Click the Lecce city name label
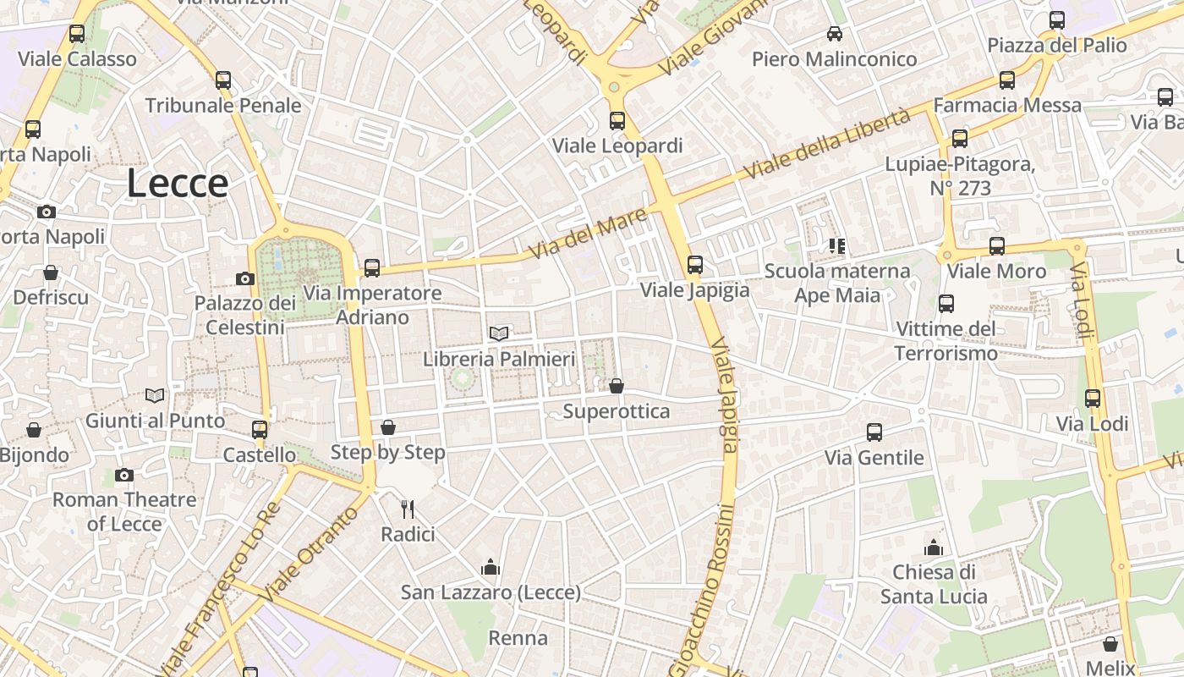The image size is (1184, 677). coord(178,184)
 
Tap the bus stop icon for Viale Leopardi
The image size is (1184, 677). coord(617,120)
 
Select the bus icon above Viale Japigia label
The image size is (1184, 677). coord(694,265)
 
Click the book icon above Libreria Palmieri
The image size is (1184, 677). coord(499,334)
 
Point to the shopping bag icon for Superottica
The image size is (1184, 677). coord(617,386)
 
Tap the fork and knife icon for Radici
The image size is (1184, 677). coord(408,509)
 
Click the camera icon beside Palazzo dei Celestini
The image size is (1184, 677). coord(244,278)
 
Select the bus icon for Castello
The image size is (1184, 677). coord(259,429)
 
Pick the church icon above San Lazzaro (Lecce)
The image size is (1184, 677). coord(491,567)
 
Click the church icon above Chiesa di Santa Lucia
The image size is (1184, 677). coord(934,548)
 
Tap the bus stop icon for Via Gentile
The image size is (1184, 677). coord(874,432)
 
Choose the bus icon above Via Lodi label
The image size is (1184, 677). coord(1093,399)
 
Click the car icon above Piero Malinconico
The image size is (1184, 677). coord(835,34)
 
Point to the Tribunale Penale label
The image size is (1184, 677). coord(223,106)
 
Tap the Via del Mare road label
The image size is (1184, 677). coord(588,234)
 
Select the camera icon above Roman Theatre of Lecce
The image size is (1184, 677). coord(124,475)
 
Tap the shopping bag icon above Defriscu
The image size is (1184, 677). coord(51,272)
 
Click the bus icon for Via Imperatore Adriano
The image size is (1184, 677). coord(371,268)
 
